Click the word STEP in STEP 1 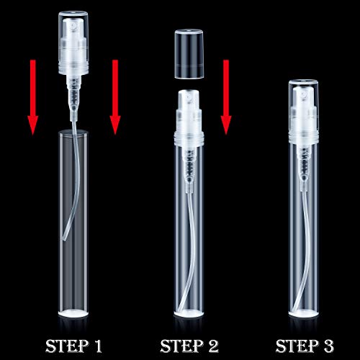coord(67,346)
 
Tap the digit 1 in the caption coord(98,346)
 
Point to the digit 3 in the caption coord(328,346)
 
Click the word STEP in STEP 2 coord(181,346)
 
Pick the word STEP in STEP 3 coord(297,346)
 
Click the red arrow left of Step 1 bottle coord(33,97)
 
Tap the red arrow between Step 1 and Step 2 coord(115,97)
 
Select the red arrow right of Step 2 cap coord(226,97)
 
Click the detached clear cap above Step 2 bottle coord(189,54)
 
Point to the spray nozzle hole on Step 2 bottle coord(189,98)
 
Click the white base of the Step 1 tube coord(73,312)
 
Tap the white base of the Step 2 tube coord(189,312)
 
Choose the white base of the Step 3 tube coord(304,312)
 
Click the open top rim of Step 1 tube coord(73,132)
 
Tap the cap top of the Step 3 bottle coord(304,82)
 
